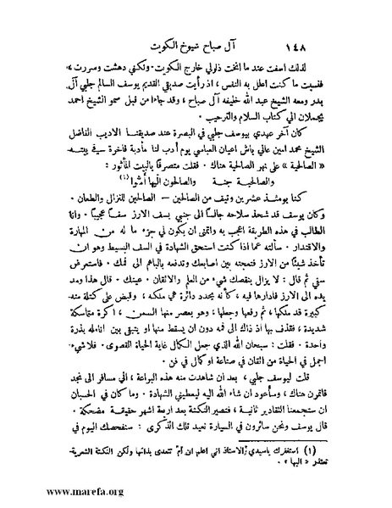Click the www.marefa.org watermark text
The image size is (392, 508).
pyautogui.click(x=52, y=494)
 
